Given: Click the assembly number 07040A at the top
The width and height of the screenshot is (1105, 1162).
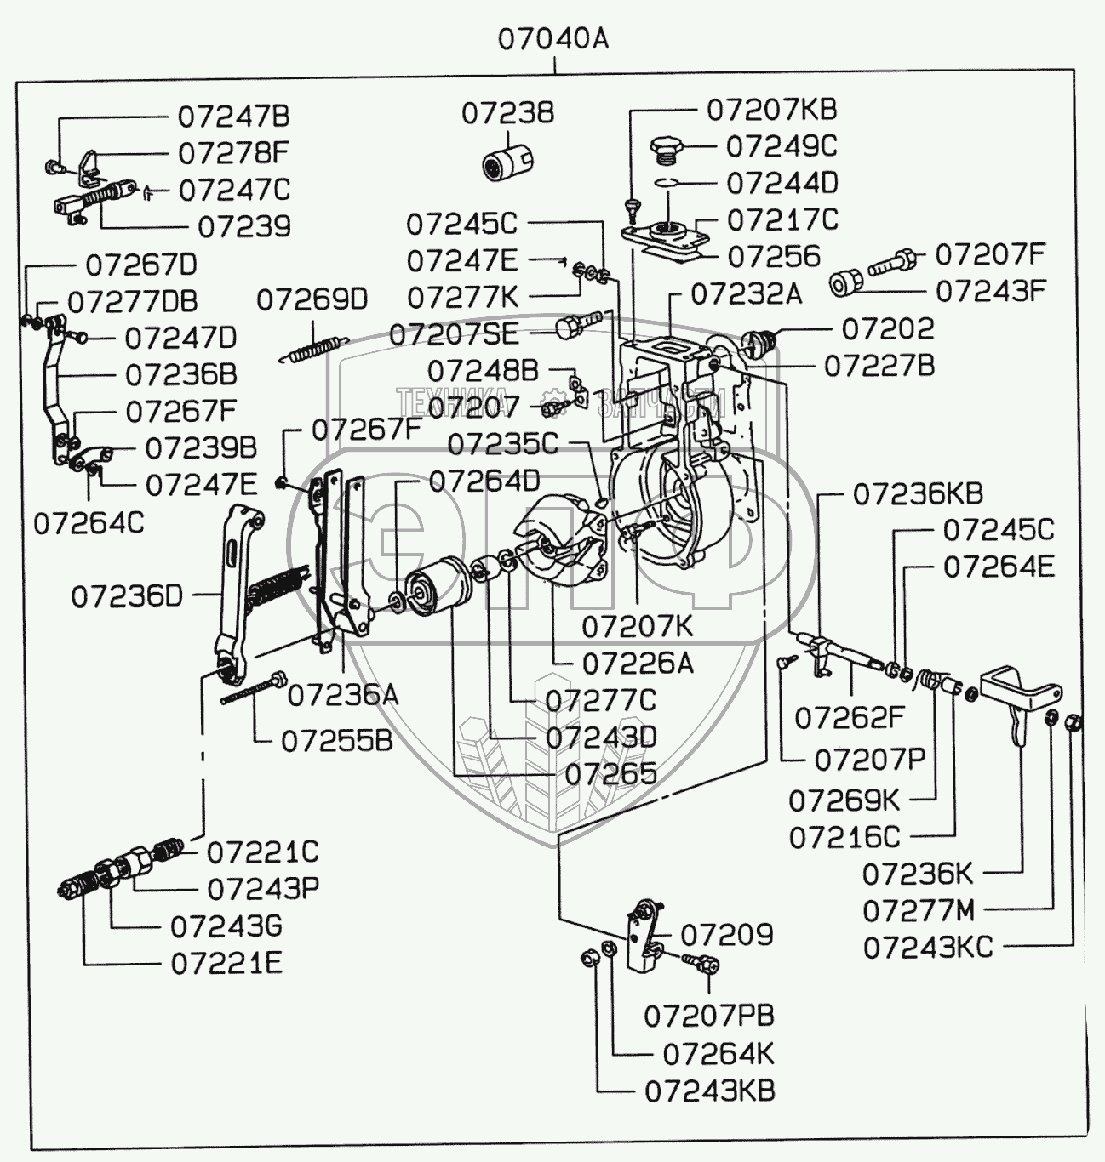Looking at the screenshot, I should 553,39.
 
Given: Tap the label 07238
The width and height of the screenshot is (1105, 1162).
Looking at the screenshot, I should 508,113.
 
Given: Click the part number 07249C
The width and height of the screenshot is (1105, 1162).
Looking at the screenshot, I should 781,146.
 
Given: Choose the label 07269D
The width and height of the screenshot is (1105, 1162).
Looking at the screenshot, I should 312,299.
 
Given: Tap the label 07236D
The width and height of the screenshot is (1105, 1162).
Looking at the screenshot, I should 127,595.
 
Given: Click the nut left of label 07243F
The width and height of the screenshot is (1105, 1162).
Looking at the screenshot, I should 844,282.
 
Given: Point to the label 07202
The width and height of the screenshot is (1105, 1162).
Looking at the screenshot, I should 887,328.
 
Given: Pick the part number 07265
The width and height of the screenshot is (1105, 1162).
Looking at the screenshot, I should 611,773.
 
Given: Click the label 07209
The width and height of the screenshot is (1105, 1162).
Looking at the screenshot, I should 726,935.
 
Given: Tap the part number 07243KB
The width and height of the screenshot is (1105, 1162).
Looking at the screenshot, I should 710,1091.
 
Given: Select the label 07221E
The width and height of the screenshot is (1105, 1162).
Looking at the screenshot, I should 226,963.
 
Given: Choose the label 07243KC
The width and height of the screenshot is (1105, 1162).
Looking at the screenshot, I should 928,948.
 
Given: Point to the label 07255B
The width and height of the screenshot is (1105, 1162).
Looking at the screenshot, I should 337,740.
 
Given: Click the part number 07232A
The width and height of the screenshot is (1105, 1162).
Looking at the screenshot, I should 746,294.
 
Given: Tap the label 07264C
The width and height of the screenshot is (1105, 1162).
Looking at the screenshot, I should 89,522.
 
